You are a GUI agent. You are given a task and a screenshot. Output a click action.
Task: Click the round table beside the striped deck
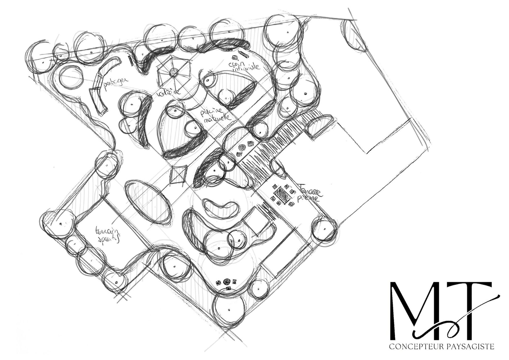(x=242, y=148)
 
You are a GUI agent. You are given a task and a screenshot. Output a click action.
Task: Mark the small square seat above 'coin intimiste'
(x=235, y=57)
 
